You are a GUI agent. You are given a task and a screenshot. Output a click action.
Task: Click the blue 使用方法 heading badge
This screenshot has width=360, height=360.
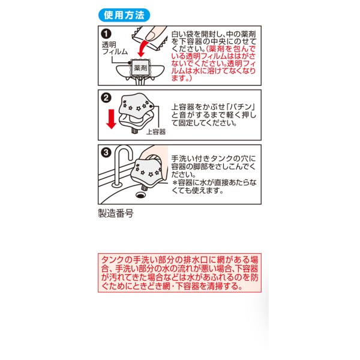pyautogui.click(x=124, y=15)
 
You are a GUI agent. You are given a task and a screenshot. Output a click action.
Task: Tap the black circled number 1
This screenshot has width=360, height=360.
pyautogui.click(x=106, y=34)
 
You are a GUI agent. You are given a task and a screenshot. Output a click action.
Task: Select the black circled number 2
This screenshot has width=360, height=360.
pyautogui.click(x=106, y=98)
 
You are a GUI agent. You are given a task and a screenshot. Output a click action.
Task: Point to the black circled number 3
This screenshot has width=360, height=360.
pyautogui.click(x=106, y=152)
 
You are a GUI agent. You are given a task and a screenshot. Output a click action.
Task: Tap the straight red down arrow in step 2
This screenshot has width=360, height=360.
pyautogui.click(x=112, y=119)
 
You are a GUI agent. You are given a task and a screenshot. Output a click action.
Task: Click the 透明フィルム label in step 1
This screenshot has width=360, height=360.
pyautogui.click(x=115, y=48)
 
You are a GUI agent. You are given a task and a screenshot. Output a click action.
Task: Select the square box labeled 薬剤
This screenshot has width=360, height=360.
pyautogui.click(x=140, y=68)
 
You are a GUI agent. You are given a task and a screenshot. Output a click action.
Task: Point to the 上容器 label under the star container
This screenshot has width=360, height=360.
pyautogui.click(x=156, y=132)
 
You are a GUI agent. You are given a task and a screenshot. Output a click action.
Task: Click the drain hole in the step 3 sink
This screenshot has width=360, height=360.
pyautogui.click(x=140, y=195)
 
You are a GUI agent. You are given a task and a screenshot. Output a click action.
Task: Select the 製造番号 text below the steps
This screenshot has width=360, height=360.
pyautogui.click(x=116, y=213)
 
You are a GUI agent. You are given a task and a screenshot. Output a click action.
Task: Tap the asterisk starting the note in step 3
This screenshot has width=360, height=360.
pyautogui.click(x=175, y=183)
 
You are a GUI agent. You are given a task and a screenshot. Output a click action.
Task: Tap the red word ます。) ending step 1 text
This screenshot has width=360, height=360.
pyautogui.click(x=181, y=78)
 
